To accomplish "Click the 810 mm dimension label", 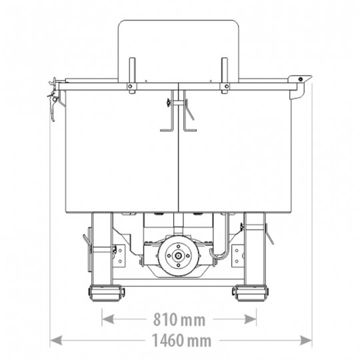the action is click(179, 319).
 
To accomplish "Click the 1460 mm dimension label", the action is click(181, 341).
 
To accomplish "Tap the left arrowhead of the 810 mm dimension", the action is click(108, 319).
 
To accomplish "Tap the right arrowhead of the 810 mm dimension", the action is click(250, 319).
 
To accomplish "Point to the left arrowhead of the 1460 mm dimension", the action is click(56, 340).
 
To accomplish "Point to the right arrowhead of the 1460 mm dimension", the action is click(306, 340).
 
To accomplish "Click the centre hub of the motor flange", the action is click(178, 255).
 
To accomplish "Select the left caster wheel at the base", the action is click(105, 293).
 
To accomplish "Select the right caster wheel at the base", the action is click(250, 293).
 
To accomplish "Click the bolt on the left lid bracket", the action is click(130, 87).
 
